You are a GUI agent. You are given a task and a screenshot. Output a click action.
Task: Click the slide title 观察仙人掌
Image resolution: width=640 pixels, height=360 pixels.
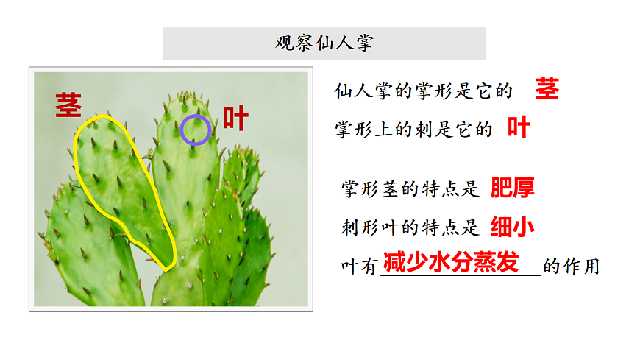click(x=324, y=43)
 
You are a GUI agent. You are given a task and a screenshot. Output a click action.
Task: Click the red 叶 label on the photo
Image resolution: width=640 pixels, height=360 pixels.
click(x=235, y=118)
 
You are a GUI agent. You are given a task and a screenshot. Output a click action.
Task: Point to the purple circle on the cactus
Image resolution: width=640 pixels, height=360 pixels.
click(x=196, y=130)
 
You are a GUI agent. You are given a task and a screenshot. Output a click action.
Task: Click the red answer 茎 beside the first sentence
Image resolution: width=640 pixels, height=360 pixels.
click(x=547, y=88)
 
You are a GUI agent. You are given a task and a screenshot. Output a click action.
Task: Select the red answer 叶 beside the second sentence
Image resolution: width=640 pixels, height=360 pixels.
click(x=519, y=128)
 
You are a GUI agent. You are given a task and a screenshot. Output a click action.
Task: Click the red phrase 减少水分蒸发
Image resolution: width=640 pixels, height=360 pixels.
click(x=451, y=263)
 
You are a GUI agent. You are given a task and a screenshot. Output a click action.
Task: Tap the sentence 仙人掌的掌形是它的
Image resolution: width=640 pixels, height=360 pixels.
click(x=423, y=91)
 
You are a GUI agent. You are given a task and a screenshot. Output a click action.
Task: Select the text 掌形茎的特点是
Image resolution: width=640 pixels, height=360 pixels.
click(x=410, y=190)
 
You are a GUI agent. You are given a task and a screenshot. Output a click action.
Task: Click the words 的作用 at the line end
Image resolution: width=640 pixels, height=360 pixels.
click(x=572, y=267)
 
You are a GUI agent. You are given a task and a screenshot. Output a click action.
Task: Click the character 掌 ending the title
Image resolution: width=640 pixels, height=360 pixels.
click(x=364, y=43)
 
